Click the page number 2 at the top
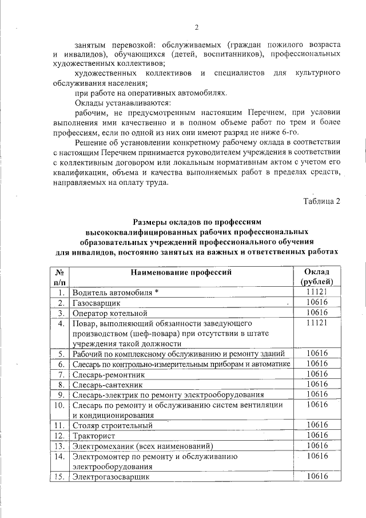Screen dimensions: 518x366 click(x=196, y=27)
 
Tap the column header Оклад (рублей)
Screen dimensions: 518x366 click(x=316, y=276)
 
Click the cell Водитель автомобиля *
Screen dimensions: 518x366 click(x=115, y=292)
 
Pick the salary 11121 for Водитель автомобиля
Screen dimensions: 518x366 click(x=316, y=291)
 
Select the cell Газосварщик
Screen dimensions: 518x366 click(x=96, y=302)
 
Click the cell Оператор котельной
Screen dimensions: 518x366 click(x=110, y=313)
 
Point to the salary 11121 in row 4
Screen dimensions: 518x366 click(x=316, y=323)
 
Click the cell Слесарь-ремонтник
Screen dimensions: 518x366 click(x=109, y=374)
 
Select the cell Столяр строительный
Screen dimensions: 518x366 click(x=112, y=425)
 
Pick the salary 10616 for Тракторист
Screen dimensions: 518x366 click(x=316, y=435)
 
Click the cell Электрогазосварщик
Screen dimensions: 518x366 click(x=110, y=476)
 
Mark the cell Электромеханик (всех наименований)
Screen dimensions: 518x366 click(x=142, y=446)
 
